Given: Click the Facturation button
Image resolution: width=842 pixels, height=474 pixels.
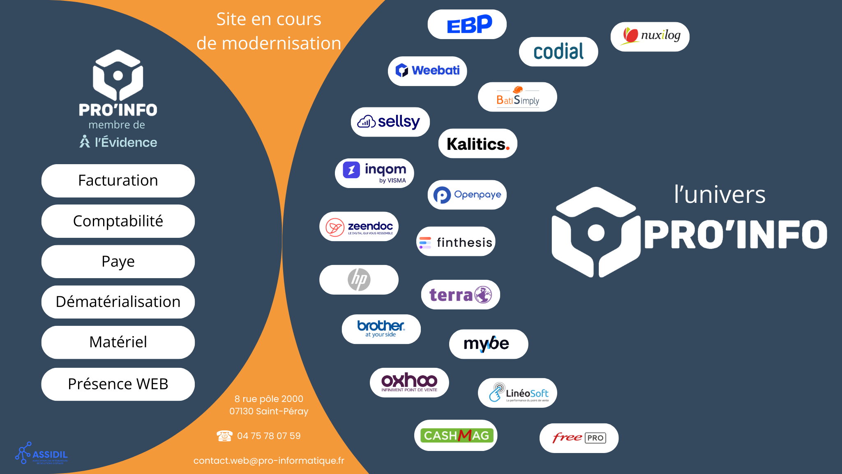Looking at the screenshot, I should pos(118,181).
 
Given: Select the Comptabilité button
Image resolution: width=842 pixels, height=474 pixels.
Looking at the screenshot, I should pos(118,221).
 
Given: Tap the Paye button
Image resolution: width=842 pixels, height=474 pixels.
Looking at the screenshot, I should pos(118,262).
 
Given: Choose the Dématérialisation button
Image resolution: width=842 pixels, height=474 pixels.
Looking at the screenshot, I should pos(118,302).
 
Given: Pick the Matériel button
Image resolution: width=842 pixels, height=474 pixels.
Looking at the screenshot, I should pos(118,342).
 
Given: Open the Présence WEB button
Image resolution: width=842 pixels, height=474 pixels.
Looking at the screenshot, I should pos(118,384).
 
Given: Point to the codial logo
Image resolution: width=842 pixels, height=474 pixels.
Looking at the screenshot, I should pos(558,52).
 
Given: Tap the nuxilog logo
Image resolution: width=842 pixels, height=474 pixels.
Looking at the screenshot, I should pos(650,37).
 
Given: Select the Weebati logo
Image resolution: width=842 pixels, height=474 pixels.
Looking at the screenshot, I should pos(427,71).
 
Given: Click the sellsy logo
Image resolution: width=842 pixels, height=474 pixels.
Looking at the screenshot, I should pos(390,122).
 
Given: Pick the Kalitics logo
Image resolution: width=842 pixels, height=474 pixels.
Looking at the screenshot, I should pos(478,144).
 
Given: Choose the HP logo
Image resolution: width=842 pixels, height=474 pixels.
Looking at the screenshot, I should pos(359,280).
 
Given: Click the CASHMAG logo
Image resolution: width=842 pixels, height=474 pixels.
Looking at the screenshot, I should pos(456,435).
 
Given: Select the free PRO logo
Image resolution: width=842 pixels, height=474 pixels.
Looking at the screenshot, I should pos(579,438).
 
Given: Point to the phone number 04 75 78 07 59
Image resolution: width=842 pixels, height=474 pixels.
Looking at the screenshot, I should pos(269,436).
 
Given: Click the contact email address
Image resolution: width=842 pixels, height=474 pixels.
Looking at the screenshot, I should pos(269,461).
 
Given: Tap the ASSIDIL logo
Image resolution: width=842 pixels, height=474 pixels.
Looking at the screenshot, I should pos(42,454).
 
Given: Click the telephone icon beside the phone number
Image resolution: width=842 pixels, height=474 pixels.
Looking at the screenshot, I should pos(224,436).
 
